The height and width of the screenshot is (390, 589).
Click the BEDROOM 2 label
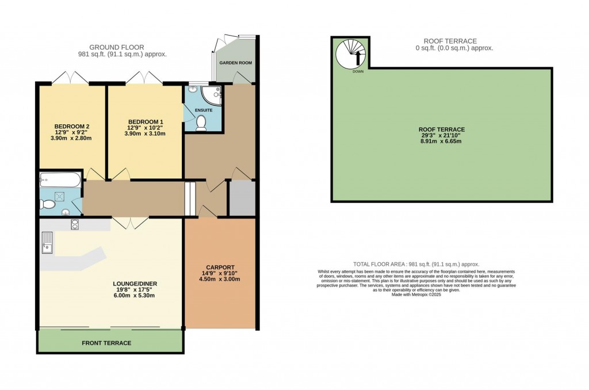[x=72, y=127]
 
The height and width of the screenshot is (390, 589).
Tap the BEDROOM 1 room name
[x=146, y=121]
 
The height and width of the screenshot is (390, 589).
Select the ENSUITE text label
[x=204, y=110]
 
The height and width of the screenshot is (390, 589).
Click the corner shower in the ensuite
[x=212, y=94]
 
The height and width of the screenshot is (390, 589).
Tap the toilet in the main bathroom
[x=48, y=204]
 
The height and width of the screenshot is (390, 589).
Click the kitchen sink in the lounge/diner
[x=47, y=244]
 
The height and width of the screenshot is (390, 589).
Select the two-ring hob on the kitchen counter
[x=75, y=224]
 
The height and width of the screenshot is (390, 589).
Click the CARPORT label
[x=220, y=267]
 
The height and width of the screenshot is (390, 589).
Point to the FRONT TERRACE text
[x=106, y=343]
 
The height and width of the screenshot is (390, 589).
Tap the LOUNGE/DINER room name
[x=135, y=284]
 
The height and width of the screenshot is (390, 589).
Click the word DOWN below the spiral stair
[x=358, y=72]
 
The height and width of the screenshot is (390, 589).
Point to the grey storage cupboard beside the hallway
[x=242, y=198]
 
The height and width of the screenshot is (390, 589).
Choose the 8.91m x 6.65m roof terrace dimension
[x=442, y=140]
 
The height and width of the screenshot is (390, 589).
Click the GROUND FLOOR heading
[x=117, y=47]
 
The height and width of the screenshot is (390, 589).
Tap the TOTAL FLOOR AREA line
[x=416, y=264]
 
